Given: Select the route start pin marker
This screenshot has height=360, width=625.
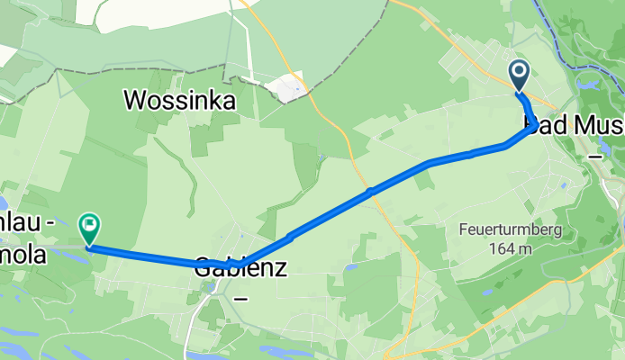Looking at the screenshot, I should pos(520,73).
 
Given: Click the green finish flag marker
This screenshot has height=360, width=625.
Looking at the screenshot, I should pos(90,225).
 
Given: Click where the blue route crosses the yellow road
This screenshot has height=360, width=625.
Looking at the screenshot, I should pos(370,191).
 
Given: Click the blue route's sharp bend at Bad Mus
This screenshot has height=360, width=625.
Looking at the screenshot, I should pos(535,122).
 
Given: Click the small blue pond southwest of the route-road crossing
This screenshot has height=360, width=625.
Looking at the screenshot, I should pos(350,267).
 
